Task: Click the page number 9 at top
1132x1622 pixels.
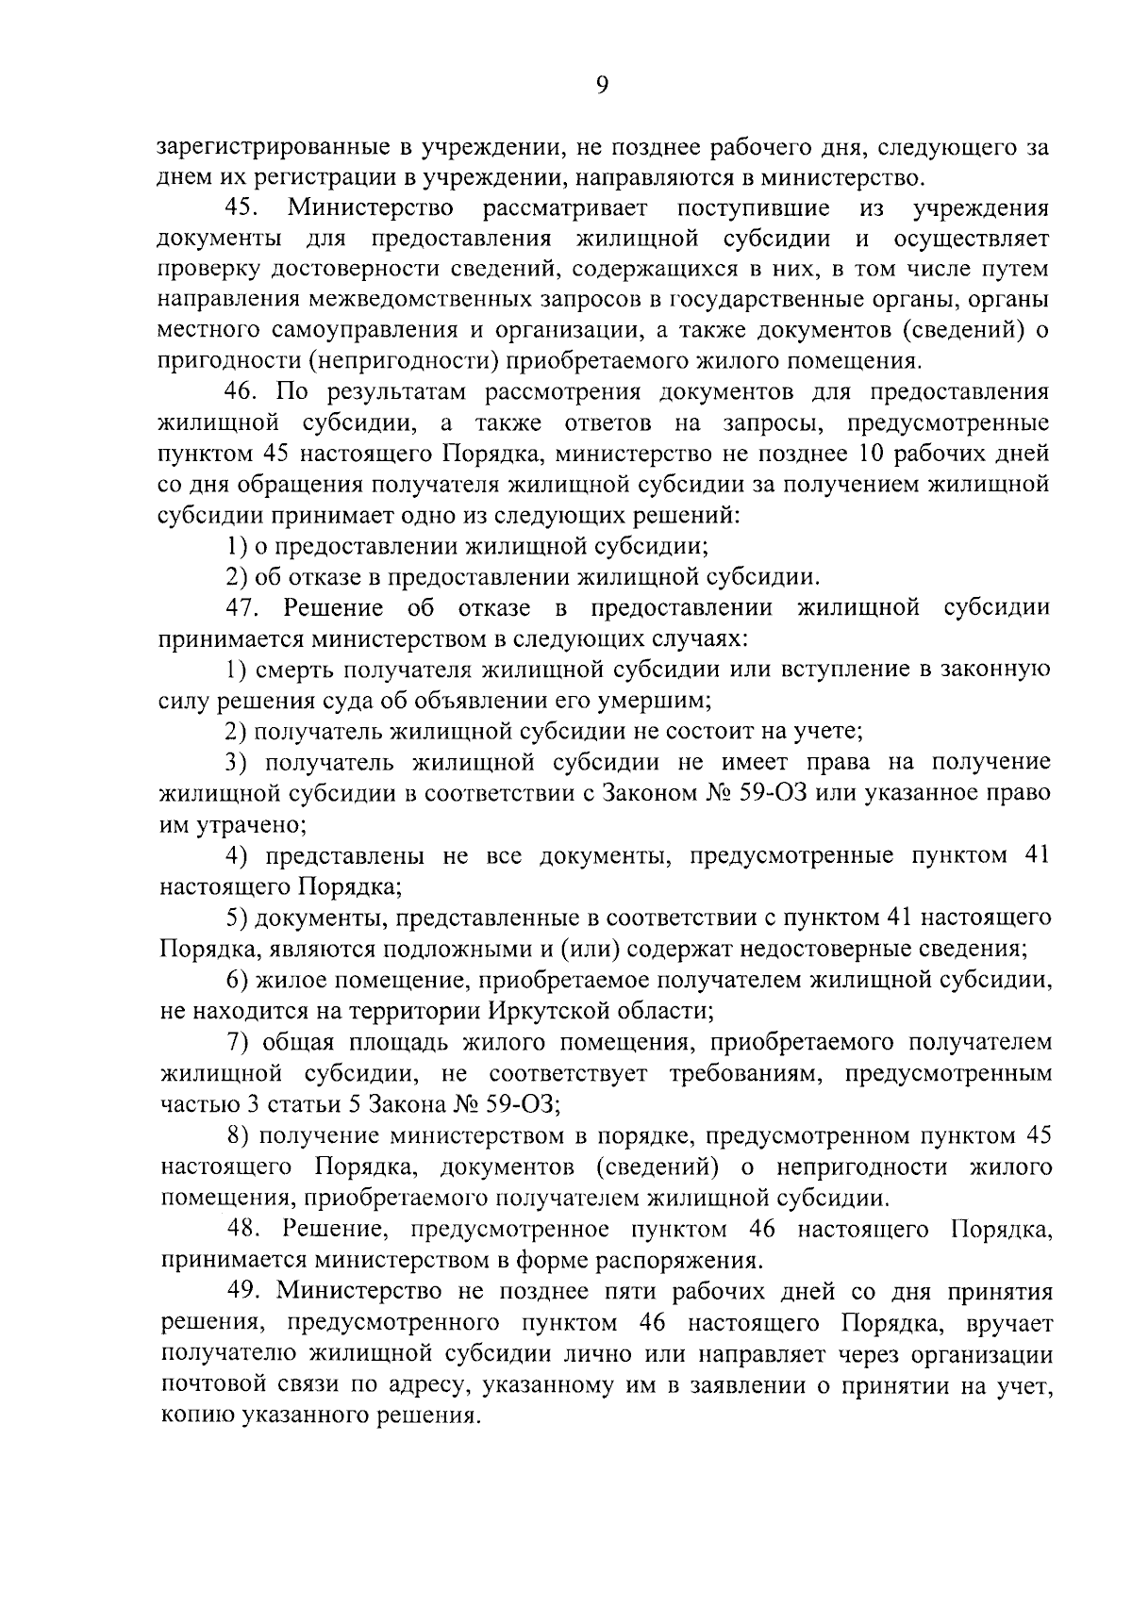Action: click(x=602, y=86)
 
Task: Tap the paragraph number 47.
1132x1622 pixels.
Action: click(x=242, y=608)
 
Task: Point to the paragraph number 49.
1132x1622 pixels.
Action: click(x=244, y=1291)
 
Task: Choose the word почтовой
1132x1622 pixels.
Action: click(x=213, y=1384)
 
